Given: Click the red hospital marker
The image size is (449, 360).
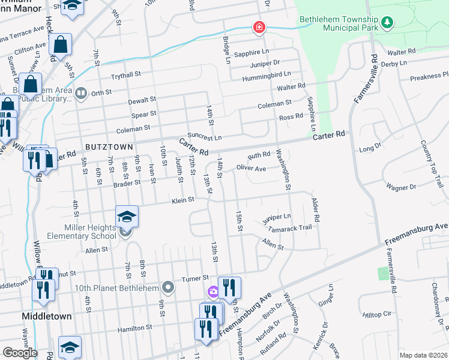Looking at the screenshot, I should click(259, 28).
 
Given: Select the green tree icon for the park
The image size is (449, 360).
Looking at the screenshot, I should click(388, 22).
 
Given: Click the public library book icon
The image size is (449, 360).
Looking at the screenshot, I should click(81, 93).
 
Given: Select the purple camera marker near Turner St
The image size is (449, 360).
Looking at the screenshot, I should click(212, 292).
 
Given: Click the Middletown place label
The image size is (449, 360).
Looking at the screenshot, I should click(46, 316).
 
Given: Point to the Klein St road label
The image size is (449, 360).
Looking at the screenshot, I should click(183, 200).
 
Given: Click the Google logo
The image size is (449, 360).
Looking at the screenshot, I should click(20, 353).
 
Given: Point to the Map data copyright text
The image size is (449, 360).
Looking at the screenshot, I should click(424, 355).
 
